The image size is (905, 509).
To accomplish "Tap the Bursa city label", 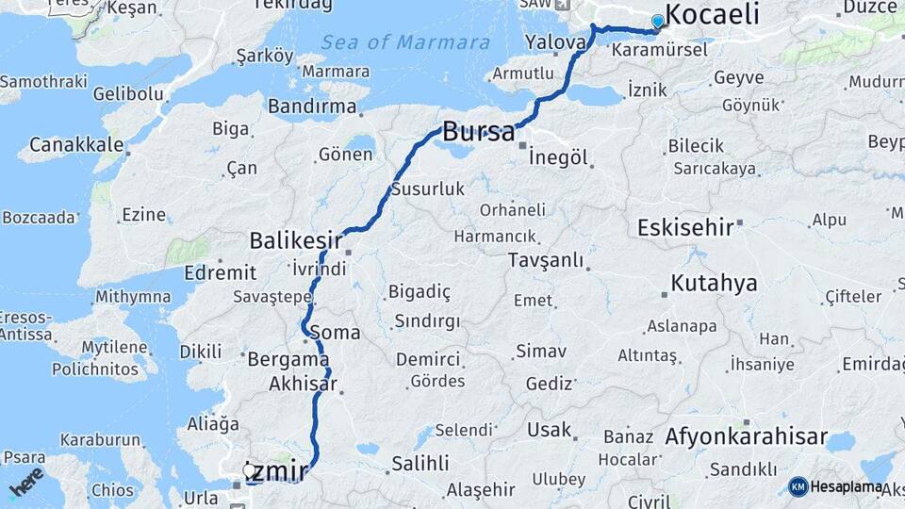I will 479,131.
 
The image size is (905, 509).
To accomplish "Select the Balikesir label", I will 294,240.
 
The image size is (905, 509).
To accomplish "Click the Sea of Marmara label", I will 405,42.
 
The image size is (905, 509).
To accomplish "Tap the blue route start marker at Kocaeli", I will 657,21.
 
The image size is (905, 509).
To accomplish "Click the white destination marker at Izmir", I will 249,468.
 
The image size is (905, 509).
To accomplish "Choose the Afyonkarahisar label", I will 746,436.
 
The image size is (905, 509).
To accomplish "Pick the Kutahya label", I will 714,283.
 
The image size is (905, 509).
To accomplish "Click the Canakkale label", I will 76,144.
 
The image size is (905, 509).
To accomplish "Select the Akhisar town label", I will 303,384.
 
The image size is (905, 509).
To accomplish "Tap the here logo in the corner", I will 26,481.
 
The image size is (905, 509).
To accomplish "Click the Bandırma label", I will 312,106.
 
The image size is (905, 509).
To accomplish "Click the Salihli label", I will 420,463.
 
